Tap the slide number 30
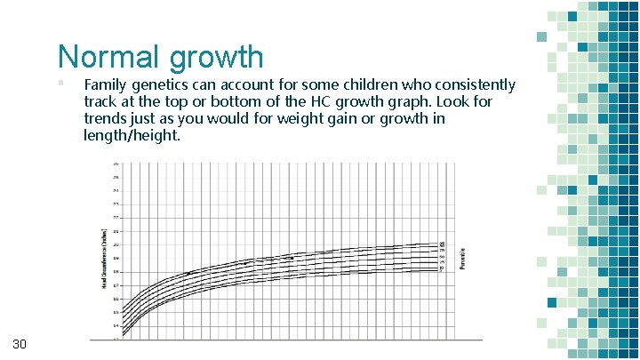tap(20, 344)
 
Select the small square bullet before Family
tap(60, 84)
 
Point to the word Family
tap(107, 85)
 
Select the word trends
tap(106, 119)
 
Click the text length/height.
tap(132, 136)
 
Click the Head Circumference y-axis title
tap(102, 258)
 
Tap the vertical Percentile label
tap(460, 258)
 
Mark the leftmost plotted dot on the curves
tap(189, 273)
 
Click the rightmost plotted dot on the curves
tap(291, 258)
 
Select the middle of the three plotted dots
tap(246, 263)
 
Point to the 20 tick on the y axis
tap(116, 244)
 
